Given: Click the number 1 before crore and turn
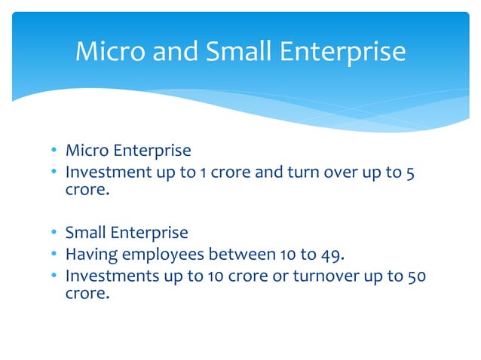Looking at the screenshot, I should [x=203, y=172].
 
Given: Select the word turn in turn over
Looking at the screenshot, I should [x=301, y=172].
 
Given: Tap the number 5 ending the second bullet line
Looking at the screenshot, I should [x=409, y=172].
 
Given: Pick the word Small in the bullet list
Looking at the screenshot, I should [x=86, y=233].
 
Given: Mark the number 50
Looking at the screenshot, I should [x=415, y=276].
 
